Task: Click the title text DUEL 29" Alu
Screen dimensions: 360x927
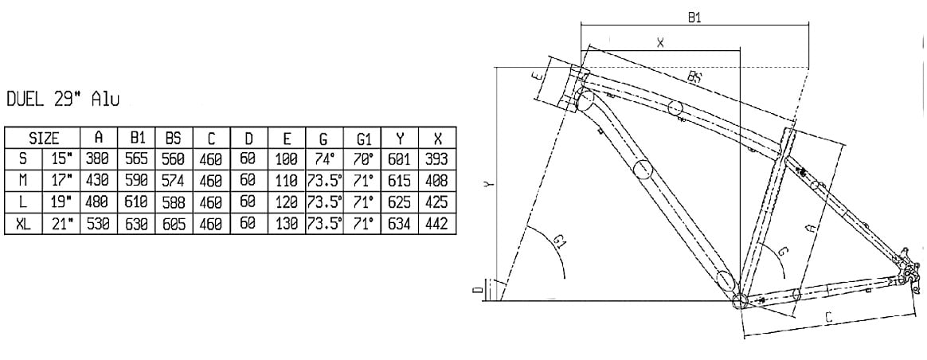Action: (x=63, y=100)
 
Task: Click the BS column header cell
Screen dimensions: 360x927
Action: (x=174, y=138)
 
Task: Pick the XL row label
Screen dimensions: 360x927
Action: (x=24, y=225)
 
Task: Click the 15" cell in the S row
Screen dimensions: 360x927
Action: (x=63, y=159)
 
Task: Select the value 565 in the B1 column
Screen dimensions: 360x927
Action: (x=137, y=159)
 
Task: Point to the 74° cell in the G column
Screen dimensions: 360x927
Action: (x=324, y=159)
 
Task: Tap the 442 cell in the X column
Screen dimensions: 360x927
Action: (x=438, y=225)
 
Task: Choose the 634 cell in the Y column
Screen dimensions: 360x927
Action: (x=400, y=225)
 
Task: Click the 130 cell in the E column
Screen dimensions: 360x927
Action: (x=287, y=225)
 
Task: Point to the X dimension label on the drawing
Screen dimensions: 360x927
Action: (x=660, y=43)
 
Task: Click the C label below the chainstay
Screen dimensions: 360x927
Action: (x=828, y=318)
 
